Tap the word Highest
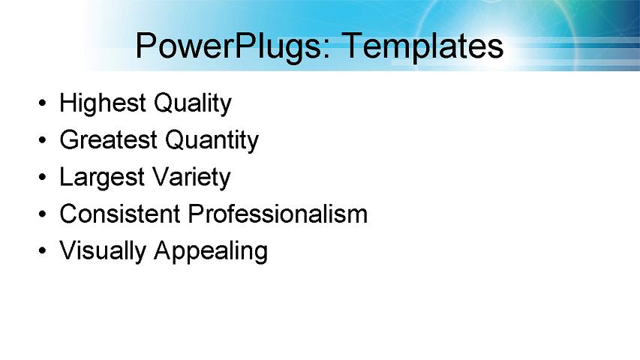[103, 103]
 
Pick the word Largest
[103, 178]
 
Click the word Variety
[191, 178]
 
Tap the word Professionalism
[278, 214]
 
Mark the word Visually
[103, 251]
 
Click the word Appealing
[211, 251]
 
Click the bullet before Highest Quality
[43, 103]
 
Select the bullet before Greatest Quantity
[43, 140]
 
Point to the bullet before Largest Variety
[43, 178]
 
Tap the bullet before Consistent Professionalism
[43, 214]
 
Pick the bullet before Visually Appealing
[43, 251]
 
